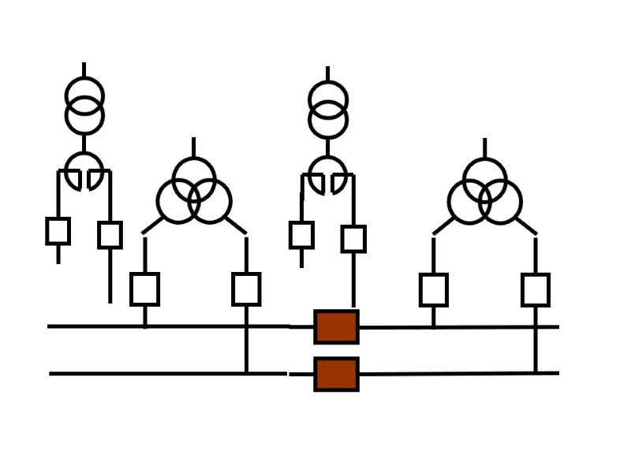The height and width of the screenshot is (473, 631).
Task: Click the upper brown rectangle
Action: point(336,326)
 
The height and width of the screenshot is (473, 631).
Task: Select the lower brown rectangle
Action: point(336,374)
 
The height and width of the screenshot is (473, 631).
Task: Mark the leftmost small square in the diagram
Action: point(58,231)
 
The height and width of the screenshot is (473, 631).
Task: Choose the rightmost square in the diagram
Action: point(536,289)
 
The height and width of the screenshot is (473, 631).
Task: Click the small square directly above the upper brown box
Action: point(353,239)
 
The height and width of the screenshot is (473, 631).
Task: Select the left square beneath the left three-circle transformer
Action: point(144,289)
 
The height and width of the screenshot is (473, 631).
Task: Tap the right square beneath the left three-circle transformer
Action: point(246,289)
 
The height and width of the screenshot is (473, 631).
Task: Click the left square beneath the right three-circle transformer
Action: point(434,289)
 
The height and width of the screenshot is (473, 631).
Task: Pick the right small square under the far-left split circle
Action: point(110,235)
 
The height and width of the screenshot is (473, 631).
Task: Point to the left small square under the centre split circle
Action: point(301,235)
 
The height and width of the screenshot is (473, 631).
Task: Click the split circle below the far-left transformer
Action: point(84,169)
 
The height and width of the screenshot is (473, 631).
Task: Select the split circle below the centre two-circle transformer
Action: point(327,173)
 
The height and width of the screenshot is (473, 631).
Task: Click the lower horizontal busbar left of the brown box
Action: point(158,374)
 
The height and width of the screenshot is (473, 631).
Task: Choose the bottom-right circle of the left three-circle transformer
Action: point(211,202)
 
